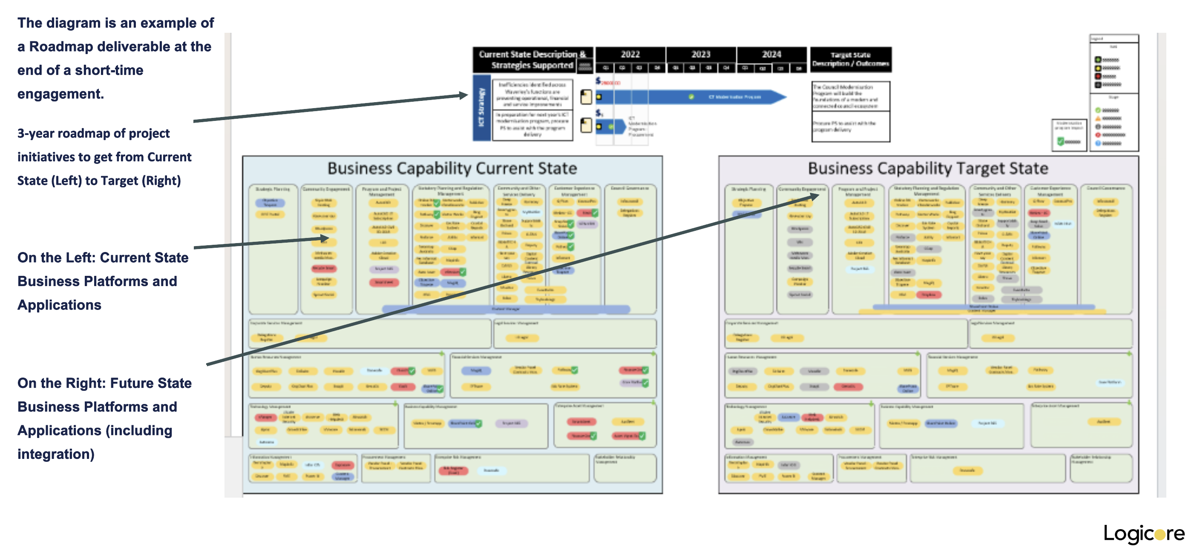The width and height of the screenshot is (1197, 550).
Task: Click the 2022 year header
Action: [630, 54]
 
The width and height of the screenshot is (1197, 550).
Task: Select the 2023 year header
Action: [701, 54]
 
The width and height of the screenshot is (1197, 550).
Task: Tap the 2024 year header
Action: [771, 54]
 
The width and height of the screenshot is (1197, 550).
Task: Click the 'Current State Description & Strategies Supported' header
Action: [532, 60]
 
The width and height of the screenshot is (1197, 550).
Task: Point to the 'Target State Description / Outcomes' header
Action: [850, 60]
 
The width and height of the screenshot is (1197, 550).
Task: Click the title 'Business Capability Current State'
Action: [452, 168]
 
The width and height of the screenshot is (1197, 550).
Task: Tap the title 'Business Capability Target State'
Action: [928, 168]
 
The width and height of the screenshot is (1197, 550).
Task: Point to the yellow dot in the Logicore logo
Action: [1160, 535]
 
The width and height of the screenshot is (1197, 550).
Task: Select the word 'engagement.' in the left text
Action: [60, 94]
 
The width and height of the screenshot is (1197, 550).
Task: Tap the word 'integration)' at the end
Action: [56, 454]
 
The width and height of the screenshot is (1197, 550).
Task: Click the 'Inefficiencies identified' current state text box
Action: [532, 95]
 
